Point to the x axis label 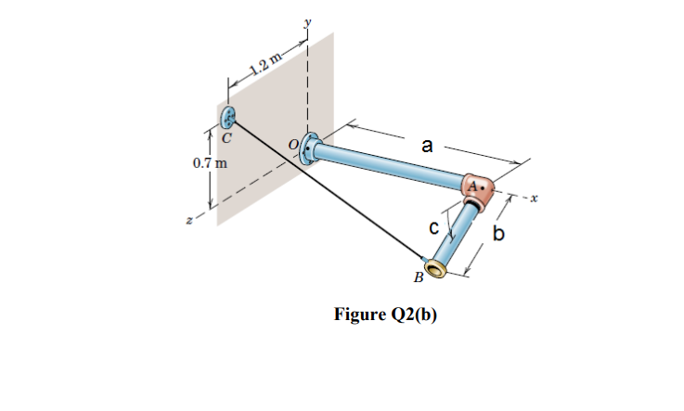coord(536,198)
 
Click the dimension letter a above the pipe coord(426,145)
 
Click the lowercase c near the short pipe coord(432,226)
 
